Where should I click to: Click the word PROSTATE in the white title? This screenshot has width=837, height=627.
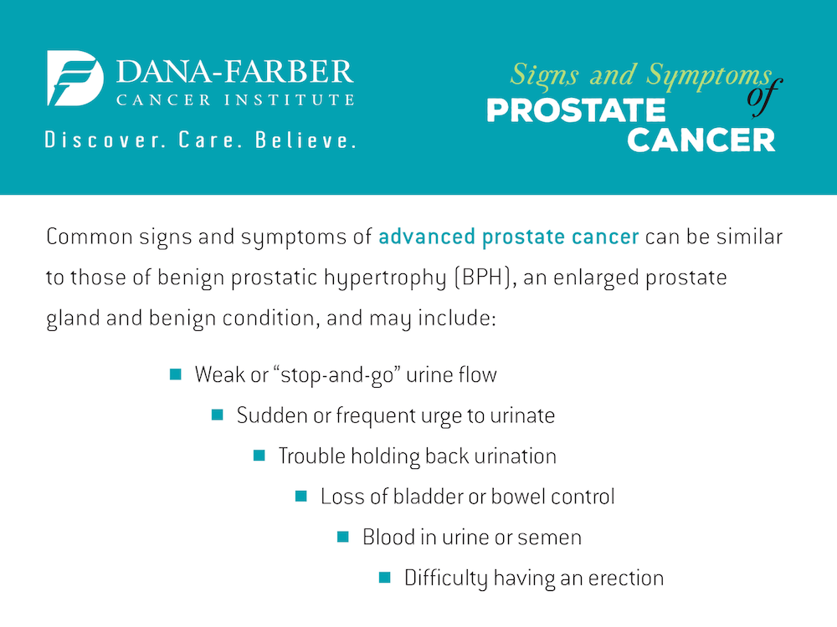(576, 110)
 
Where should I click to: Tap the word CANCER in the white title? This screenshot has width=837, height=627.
(701, 140)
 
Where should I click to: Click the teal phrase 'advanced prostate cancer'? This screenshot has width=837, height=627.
(509, 237)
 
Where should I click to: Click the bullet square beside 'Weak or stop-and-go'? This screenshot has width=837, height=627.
(176, 374)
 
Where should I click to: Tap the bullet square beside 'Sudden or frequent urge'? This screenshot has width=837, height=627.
(218, 415)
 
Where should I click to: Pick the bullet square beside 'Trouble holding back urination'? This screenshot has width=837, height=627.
(259, 456)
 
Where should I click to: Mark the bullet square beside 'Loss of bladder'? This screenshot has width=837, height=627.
(301, 497)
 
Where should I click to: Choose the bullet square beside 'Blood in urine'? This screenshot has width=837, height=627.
(343, 537)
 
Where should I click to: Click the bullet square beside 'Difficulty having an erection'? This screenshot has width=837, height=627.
(385, 578)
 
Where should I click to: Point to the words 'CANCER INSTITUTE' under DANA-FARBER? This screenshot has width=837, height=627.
(235, 100)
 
